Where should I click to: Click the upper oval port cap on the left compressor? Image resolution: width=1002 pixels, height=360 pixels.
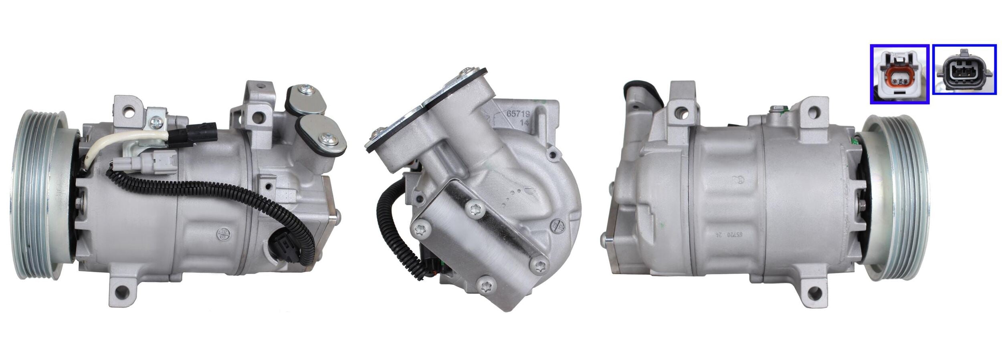pos(306,99)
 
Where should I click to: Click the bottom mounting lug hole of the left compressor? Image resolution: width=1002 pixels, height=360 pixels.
pos(120,299)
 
